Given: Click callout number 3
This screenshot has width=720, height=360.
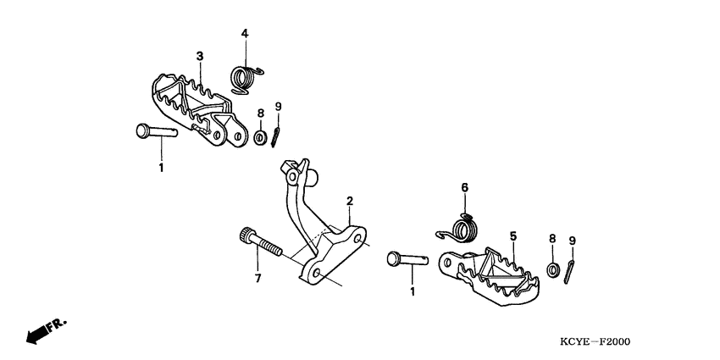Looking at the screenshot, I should (200, 56).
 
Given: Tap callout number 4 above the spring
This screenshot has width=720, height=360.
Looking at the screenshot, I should (244, 34).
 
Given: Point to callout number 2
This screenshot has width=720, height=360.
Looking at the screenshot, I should (348, 201).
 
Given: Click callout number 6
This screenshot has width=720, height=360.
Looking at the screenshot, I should (463, 187).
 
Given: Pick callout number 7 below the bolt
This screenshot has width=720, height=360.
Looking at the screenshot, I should (257, 278).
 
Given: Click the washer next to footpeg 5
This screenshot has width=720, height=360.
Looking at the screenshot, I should (552, 270).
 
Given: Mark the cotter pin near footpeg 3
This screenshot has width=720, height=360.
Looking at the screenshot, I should (276, 136).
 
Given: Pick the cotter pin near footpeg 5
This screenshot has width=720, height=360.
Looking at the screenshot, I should (572, 270).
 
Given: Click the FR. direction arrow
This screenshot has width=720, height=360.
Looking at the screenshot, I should (44, 330).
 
